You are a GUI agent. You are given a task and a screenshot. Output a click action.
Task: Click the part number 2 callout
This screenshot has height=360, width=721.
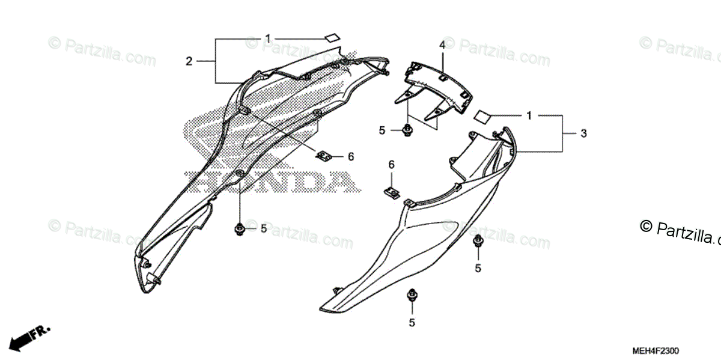[x=189, y=61]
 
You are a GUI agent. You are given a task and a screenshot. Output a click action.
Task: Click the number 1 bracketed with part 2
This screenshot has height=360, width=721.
[x=268, y=40]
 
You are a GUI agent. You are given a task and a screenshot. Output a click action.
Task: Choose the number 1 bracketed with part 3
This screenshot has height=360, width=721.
[x=529, y=116]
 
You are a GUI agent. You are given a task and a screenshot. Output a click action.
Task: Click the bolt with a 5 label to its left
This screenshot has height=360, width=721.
[x=407, y=129]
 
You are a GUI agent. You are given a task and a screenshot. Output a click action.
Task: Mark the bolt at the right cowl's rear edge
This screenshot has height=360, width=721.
[x=478, y=242]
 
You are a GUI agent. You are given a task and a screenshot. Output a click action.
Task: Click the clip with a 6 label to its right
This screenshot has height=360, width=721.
[x=324, y=156]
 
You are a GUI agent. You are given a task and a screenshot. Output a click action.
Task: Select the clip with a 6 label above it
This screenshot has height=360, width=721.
[x=391, y=193]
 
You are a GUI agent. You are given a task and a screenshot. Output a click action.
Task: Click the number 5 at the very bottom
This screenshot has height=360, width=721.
[x=412, y=323]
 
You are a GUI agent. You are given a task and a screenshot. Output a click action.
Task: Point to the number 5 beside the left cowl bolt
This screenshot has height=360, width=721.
[x=263, y=228]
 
